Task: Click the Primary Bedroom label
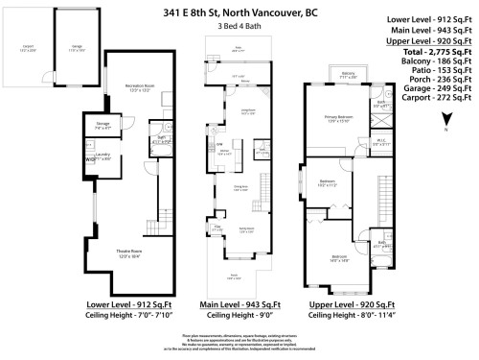pyautogui.click(x=332, y=117)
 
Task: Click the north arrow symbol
pyautogui.click(x=446, y=121)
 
